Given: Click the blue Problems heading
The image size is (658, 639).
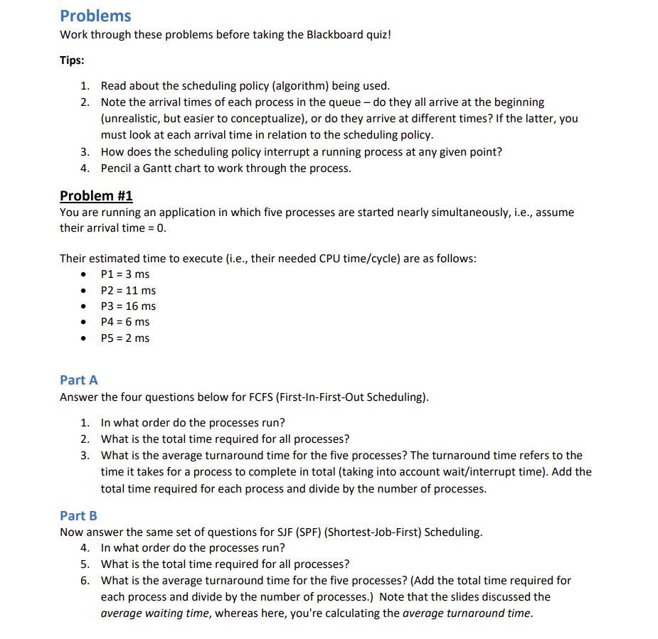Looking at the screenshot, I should (95, 16).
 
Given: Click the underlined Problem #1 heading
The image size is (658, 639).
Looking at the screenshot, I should (96, 195).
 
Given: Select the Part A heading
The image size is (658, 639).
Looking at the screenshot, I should (79, 380).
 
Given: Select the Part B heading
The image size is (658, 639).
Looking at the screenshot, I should (78, 515).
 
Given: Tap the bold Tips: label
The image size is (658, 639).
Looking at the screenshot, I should (72, 60).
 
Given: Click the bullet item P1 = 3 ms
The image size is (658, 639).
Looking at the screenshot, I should (125, 274).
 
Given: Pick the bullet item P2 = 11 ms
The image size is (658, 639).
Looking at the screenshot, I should (128, 290).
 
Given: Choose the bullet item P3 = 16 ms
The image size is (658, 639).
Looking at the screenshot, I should (128, 306).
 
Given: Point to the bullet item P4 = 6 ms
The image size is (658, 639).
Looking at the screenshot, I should (125, 322).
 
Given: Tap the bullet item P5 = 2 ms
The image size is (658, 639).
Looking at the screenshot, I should (125, 338).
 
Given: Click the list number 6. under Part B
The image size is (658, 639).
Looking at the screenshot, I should (85, 581).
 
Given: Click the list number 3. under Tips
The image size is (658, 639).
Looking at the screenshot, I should (85, 151).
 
